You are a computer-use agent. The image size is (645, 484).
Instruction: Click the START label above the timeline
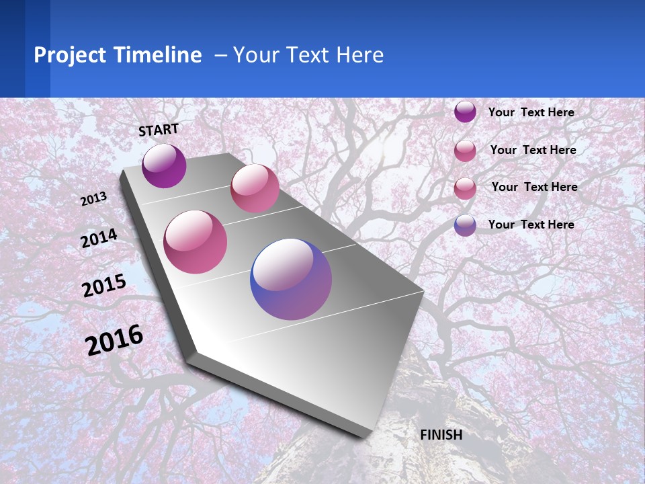click(x=159, y=130)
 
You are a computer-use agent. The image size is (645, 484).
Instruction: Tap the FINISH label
click(x=441, y=435)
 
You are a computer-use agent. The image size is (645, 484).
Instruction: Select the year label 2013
click(x=94, y=199)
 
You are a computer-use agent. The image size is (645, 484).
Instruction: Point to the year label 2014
click(x=99, y=238)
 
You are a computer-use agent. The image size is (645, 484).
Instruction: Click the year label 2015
click(x=104, y=286)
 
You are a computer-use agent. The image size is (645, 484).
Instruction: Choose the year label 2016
click(x=114, y=340)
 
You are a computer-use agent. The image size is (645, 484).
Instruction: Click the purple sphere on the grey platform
click(x=164, y=165)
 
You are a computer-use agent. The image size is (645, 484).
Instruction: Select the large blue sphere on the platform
click(x=291, y=279)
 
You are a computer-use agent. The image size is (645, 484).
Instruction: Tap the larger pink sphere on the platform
click(x=196, y=242)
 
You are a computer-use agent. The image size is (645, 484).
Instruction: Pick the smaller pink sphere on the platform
click(x=255, y=188)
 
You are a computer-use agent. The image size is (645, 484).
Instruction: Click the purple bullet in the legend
click(x=465, y=112)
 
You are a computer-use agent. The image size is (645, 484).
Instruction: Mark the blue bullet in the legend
click(x=465, y=225)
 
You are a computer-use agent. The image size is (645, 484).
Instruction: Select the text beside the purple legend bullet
click(x=531, y=112)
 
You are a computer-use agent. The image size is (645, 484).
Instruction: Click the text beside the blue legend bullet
click(x=531, y=225)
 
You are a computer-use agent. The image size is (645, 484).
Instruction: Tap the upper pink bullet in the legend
click(x=465, y=151)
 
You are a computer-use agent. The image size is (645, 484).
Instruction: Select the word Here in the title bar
click(x=359, y=55)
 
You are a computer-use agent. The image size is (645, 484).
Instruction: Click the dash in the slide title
click(x=220, y=56)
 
